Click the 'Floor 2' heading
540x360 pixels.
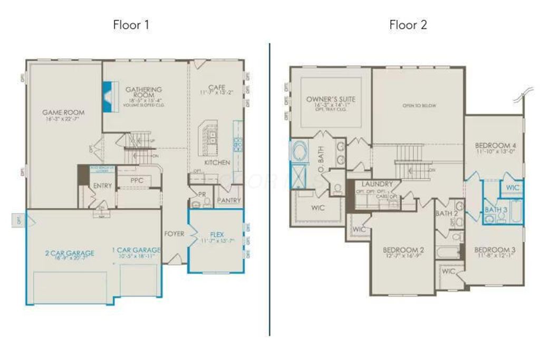tap(408, 25)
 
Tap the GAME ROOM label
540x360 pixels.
tap(64, 112)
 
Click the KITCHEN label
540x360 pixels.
tap(217, 162)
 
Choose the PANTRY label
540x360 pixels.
tap(229, 200)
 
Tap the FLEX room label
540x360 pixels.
tap(216, 234)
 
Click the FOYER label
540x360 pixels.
tap(174, 233)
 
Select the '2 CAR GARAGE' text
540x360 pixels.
tap(70, 253)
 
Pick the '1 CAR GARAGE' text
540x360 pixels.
tap(136, 250)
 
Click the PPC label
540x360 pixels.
tap(138, 181)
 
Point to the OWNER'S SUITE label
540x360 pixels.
tap(331, 99)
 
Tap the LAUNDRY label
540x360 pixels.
tap(377, 184)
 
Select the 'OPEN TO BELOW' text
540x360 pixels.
tap(419, 105)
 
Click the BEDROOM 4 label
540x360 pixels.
tap(495, 145)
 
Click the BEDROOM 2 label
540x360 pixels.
tap(403, 249)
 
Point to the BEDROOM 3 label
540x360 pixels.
tap(495, 249)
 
